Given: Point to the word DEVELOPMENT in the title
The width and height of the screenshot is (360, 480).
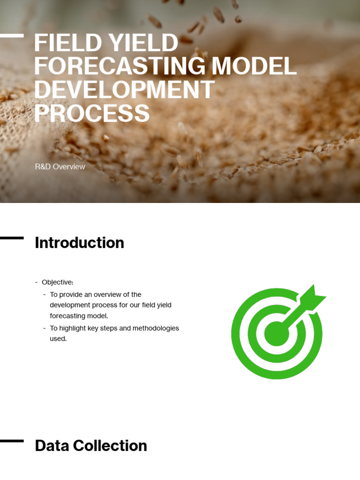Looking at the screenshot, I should click(x=124, y=90).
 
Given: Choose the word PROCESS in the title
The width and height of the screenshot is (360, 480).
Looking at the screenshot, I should click(x=92, y=113).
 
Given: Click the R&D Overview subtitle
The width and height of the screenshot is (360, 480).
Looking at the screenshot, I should click(x=60, y=166).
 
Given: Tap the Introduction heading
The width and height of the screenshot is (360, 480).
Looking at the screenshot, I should click(x=79, y=243).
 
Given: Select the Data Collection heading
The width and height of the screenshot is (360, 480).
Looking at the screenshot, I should click(x=91, y=446).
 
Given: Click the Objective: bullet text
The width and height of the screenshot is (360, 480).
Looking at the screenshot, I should click(x=58, y=282).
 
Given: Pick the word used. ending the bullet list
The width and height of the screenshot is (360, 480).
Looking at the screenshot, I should click(x=58, y=338).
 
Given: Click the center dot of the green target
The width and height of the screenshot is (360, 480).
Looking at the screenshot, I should click(x=277, y=333).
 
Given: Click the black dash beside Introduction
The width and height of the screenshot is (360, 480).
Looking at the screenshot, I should click(x=12, y=238).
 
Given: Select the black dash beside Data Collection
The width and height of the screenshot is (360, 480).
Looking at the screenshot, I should click(x=12, y=441).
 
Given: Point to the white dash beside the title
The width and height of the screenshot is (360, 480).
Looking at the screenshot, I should click(x=12, y=36).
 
